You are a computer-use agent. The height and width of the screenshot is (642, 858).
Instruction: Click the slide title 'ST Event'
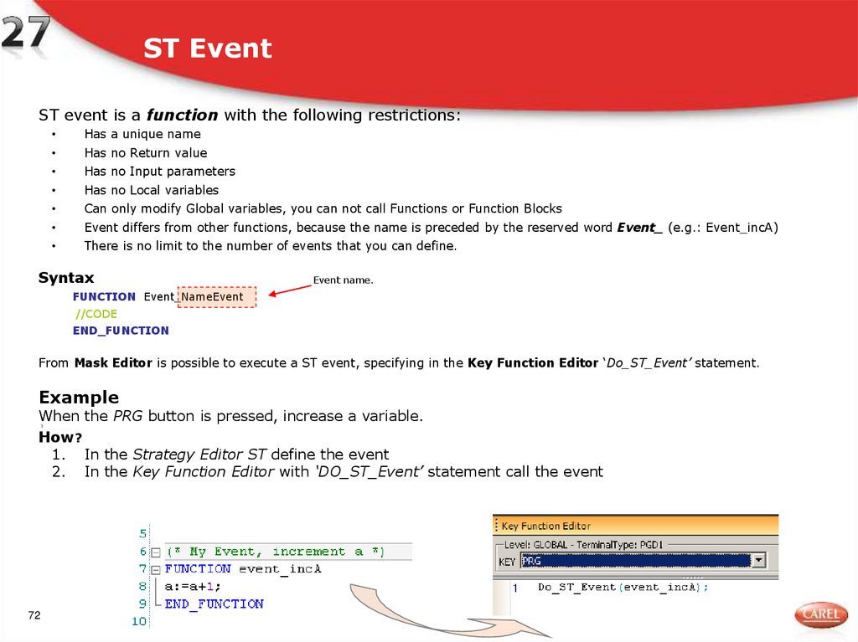[x=207, y=49]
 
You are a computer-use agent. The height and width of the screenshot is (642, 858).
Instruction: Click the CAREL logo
[x=820, y=615]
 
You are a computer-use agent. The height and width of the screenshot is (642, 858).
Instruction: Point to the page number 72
[x=34, y=616]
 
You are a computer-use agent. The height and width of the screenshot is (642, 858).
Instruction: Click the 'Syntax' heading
[x=66, y=278]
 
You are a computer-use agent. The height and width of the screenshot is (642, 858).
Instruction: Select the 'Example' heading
[x=79, y=398]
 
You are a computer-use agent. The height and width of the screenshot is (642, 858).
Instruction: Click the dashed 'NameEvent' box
[x=217, y=297]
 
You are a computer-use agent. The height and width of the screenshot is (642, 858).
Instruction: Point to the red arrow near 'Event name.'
[x=289, y=289]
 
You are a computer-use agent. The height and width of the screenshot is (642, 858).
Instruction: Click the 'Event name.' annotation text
[x=343, y=280]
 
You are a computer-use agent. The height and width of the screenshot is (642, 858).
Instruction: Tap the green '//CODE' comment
[x=96, y=314]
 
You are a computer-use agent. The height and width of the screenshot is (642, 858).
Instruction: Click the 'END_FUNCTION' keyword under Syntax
[x=121, y=331]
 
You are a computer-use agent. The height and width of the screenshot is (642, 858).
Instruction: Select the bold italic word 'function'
[x=182, y=116]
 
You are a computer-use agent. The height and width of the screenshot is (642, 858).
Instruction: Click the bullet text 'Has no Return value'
[x=145, y=153]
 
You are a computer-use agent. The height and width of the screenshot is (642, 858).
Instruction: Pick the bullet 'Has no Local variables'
[x=151, y=190]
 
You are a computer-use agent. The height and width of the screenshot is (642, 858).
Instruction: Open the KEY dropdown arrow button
[x=758, y=561]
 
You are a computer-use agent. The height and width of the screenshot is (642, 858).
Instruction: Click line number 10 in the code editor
[x=139, y=621]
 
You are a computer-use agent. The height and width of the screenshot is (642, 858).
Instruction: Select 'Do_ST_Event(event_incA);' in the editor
[x=623, y=587]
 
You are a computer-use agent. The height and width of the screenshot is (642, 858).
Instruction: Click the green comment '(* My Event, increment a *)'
[x=275, y=552]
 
